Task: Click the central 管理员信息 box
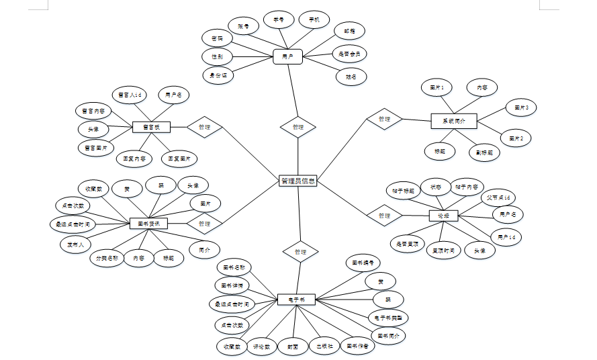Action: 297,181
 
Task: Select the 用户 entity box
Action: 288,56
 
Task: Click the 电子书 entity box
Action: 296,299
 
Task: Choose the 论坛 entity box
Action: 443,216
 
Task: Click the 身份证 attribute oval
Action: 218,75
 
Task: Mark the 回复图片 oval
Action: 182,159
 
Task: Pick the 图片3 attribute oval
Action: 522,107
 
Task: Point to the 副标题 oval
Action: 484,152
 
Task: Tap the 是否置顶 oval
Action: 407,243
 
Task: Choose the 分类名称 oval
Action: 107,258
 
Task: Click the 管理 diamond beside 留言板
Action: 204,126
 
